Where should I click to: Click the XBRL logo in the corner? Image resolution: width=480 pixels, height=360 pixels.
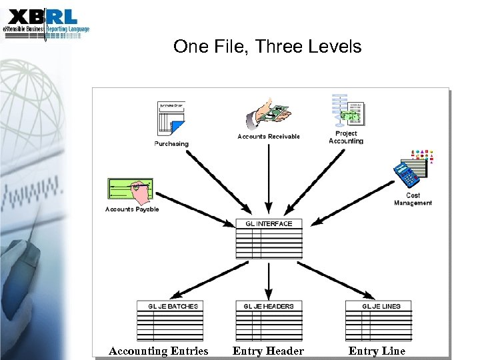[45, 21]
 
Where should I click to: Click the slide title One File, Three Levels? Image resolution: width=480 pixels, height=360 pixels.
[267, 47]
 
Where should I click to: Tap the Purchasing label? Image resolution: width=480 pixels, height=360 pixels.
[171, 143]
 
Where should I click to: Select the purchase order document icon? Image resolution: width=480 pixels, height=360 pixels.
[172, 120]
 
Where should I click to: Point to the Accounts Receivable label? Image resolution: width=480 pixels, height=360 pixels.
[269, 137]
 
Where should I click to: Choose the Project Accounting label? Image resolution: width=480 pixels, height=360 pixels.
[346, 137]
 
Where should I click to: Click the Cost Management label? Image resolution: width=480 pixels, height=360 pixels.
[413, 199]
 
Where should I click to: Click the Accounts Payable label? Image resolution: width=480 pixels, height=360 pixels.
[132, 209]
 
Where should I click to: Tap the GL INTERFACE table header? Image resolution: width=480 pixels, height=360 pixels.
[269, 224]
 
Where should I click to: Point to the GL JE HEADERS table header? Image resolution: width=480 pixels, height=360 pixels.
[269, 306]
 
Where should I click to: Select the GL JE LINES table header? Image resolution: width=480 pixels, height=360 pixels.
[378, 306]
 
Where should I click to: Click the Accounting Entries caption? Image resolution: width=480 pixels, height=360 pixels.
[159, 351]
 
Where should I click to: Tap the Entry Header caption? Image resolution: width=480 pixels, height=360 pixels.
[268, 351]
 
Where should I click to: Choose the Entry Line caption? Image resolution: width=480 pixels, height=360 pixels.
[377, 351]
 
